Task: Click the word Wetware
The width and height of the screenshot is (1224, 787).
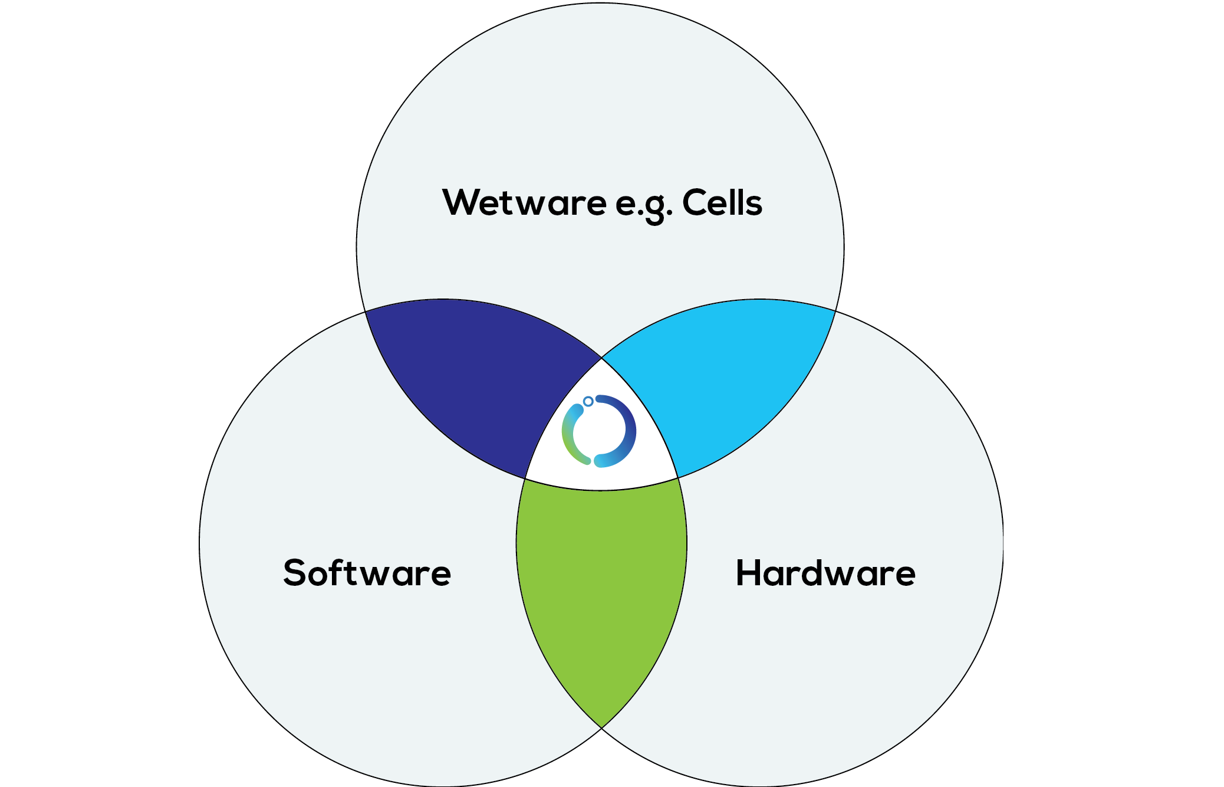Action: pyautogui.click(x=524, y=203)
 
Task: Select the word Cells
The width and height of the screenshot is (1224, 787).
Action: pyautogui.click(x=722, y=203)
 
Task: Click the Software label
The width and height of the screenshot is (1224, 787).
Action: pyautogui.click(x=367, y=573)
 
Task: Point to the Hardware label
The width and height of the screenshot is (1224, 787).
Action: pyautogui.click(x=825, y=573)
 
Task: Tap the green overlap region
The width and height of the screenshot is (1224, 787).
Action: pyautogui.click(x=601, y=590)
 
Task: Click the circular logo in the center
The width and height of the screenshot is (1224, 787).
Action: pyautogui.click(x=599, y=431)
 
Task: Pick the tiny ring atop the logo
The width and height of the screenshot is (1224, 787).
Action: pyautogui.click(x=588, y=401)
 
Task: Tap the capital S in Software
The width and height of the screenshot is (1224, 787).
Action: pyautogui.click(x=297, y=573)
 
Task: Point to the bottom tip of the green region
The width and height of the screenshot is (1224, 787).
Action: pyautogui.click(x=601, y=725)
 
